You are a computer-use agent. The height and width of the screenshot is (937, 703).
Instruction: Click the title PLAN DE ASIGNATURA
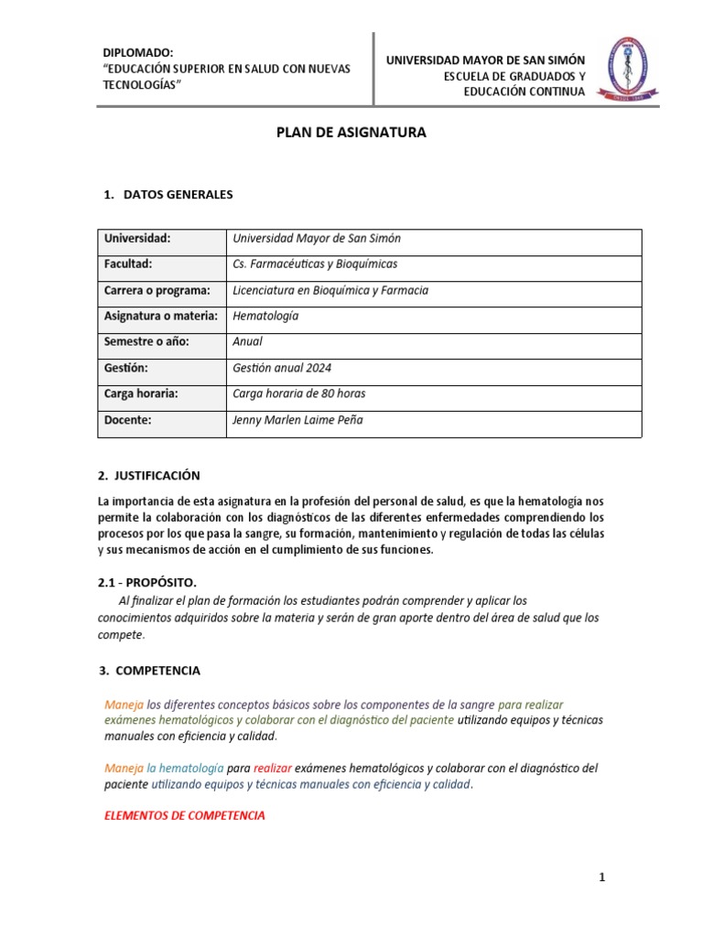[x=351, y=133]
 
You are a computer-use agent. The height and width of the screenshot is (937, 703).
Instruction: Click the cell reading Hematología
[x=265, y=316]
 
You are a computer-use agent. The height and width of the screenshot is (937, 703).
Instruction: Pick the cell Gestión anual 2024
[x=282, y=368]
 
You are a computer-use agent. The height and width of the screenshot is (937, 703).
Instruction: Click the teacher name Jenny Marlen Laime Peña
[x=298, y=420]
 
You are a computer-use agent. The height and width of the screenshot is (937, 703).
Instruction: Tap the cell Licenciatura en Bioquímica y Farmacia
[x=330, y=290]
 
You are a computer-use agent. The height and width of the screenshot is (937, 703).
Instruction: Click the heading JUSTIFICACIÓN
[x=155, y=476]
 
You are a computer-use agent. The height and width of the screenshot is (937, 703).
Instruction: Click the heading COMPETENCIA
[x=157, y=671]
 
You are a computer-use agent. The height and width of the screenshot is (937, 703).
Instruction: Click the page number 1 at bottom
[x=602, y=878]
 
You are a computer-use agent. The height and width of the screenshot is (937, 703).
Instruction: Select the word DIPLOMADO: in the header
[x=137, y=54]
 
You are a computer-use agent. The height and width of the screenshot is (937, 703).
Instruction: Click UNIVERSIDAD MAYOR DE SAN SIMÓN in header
[x=485, y=60]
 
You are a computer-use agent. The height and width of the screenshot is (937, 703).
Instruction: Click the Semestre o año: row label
[x=146, y=341]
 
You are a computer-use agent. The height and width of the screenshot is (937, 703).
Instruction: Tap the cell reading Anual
[x=248, y=341]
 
